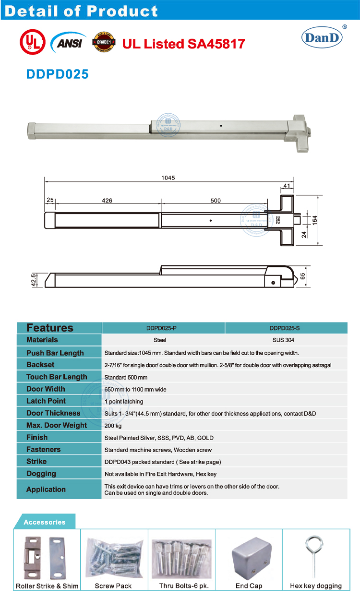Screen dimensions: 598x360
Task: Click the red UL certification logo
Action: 31,43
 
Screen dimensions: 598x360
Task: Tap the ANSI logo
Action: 69,43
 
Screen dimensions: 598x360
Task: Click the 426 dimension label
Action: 107,200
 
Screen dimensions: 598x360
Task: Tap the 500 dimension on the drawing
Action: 216,200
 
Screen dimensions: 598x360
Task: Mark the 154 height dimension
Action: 315,219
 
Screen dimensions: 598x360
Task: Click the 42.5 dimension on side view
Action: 34,280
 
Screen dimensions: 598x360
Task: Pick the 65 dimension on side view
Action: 302,276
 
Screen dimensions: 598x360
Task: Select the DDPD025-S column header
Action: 286,328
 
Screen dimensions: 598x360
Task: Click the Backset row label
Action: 40,365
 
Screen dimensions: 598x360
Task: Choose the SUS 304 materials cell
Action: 286,340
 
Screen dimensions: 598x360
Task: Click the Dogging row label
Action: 41,474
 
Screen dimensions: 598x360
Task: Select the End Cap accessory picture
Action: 249,558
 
